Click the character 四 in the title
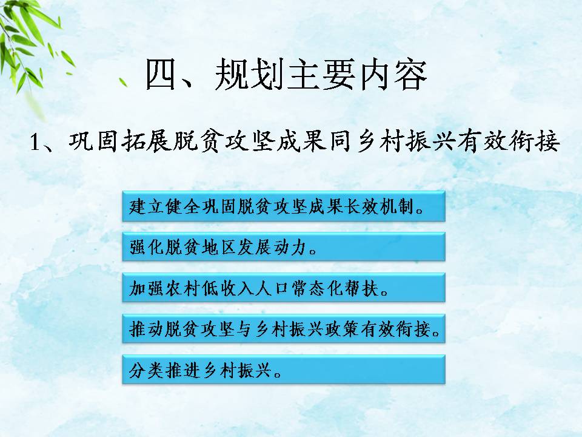tap(160, 74)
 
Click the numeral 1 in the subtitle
tap(35, 142)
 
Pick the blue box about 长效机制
tap(284, 206)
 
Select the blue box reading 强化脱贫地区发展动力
tap(284, 247)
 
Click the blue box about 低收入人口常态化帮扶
tap(284, 288)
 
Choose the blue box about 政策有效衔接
tap(284, 328)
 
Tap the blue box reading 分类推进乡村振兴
tap(284, 370)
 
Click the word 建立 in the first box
tap(147, 206)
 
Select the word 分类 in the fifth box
tap(146, 370)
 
